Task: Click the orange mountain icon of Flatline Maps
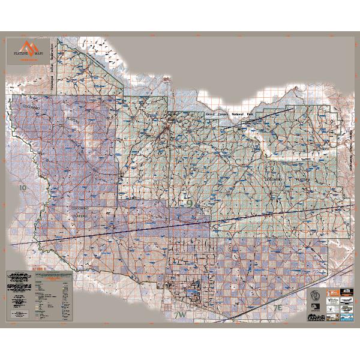point(26,47)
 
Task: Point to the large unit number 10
point(23,188)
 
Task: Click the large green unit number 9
point(190,204)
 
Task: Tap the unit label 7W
point(180,314)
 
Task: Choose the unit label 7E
point(277,307)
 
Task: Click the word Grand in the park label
point(210,113)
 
